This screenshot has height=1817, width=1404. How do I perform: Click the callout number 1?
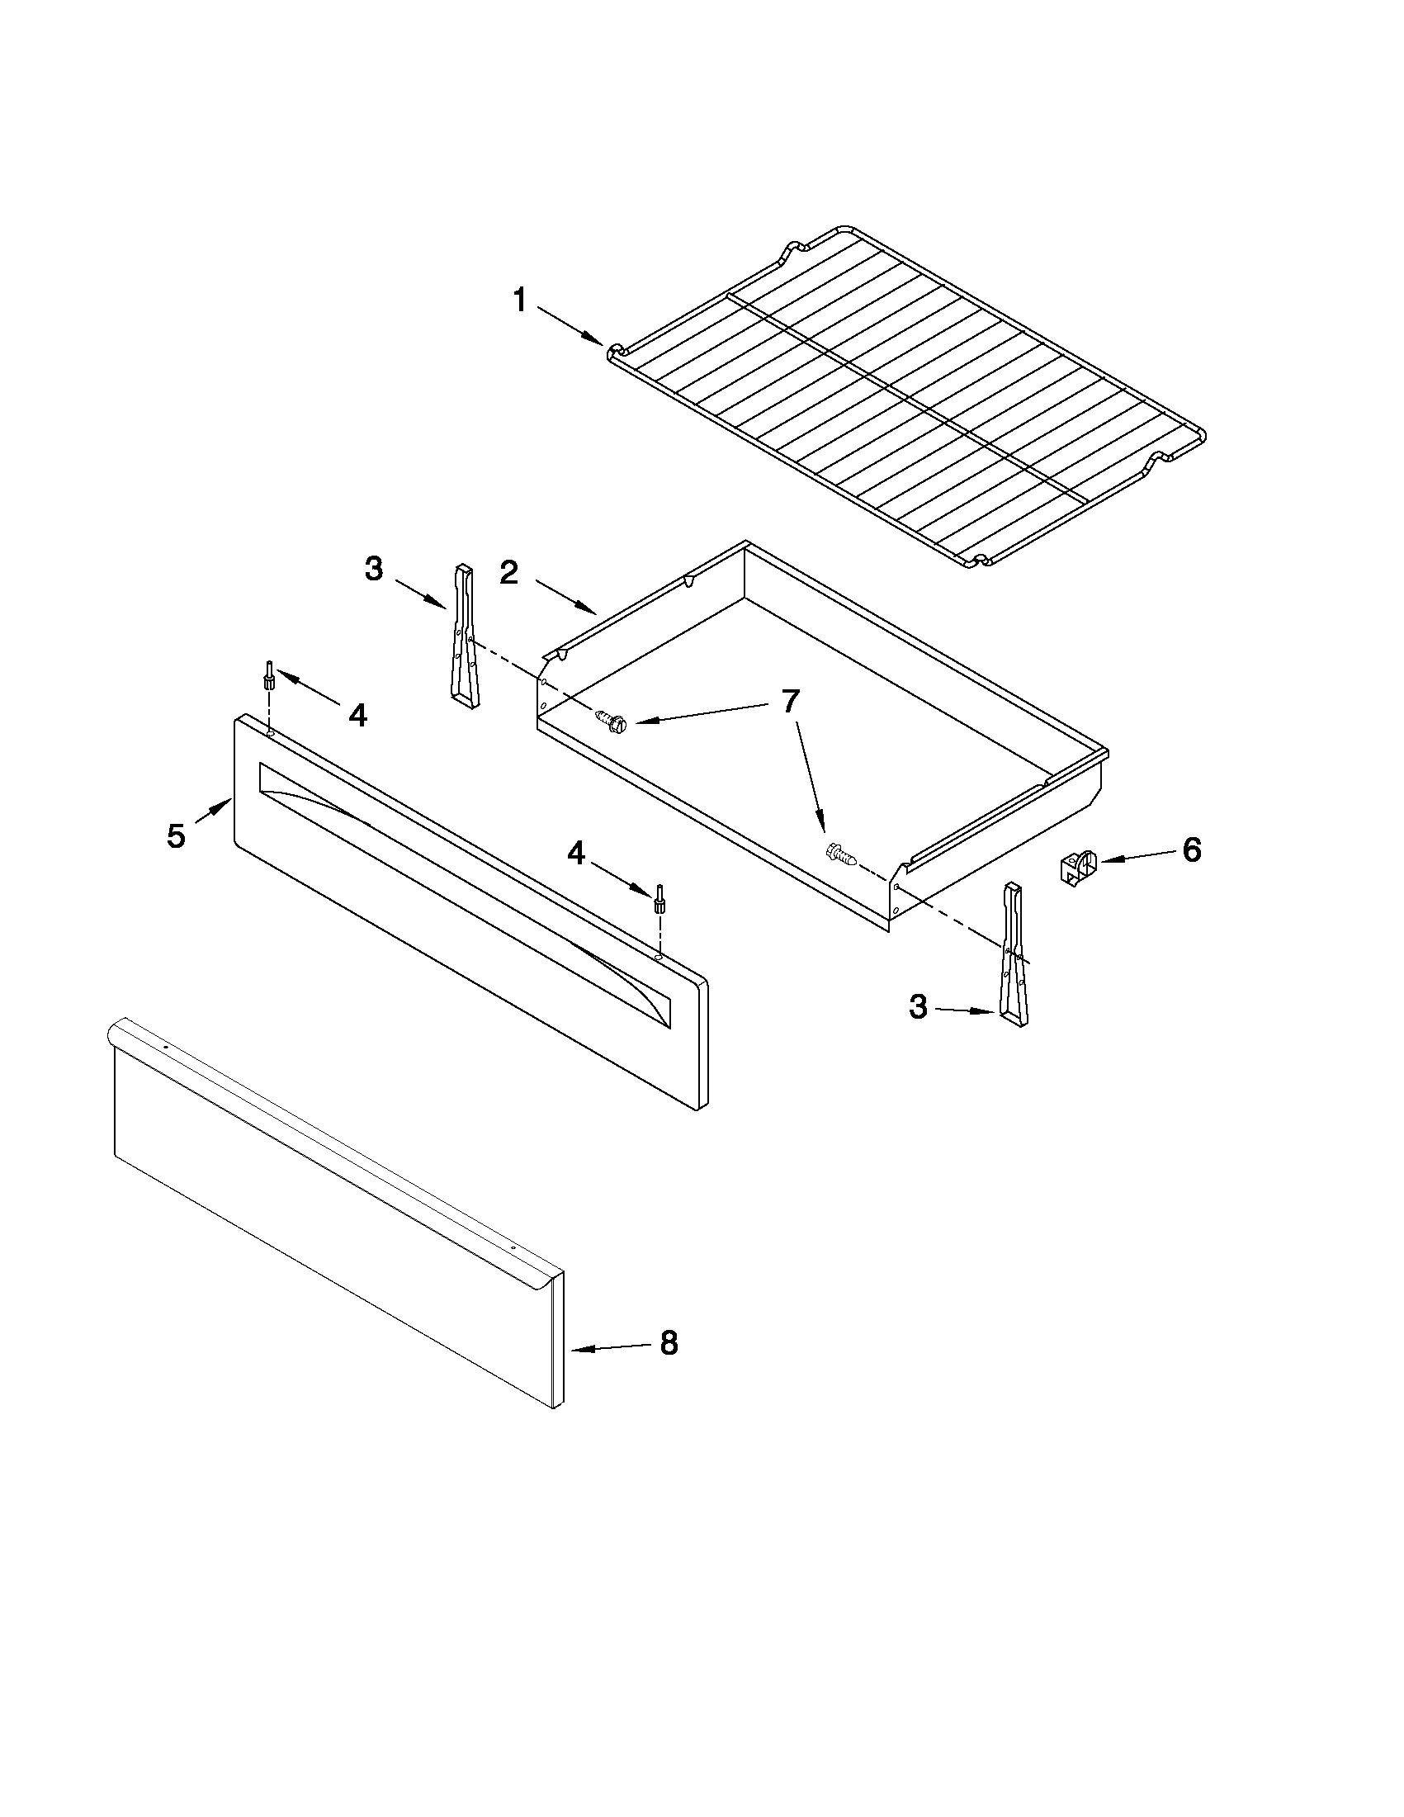tap(520, 300)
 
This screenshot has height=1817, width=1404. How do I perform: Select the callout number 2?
tap(509, 572)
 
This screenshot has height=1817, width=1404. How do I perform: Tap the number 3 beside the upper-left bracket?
tap(374, 570)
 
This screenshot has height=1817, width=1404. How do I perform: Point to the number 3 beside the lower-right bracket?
tap(917, 1007)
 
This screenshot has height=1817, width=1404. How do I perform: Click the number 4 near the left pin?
tap(357, 715)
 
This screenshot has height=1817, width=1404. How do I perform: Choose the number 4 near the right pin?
tap(575, 852)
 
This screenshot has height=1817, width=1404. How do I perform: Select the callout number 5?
tap(176, 836)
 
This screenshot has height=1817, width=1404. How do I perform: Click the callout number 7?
tap(789, 702)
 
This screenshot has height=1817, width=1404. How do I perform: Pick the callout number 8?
tap(669, 1343)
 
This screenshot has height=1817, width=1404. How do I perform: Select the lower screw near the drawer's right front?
tap(839, 854)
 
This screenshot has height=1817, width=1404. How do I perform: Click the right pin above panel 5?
tap(659, 899)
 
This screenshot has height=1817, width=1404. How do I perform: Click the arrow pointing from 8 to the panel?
tap(609, 1348)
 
